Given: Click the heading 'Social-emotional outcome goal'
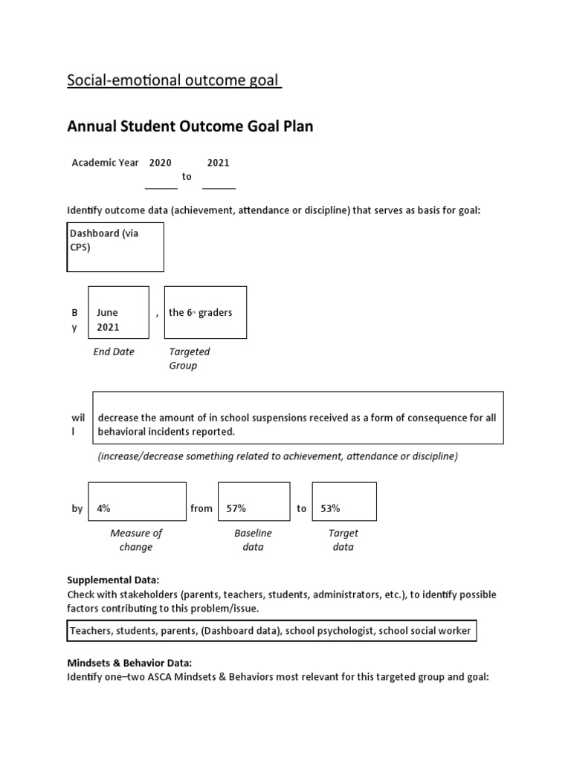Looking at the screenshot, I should click(174, 80).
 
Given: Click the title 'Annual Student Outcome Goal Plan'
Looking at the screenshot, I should click(190, 126).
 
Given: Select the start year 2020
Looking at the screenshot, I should click(161, 163).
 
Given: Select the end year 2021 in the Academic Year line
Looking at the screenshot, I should click(219, 163).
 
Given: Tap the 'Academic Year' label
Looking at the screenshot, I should click(105, 163).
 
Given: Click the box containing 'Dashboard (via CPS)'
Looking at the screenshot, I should click(115, 247).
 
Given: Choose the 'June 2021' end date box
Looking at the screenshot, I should click(118, 312).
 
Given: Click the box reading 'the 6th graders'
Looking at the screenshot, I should click(204, 312).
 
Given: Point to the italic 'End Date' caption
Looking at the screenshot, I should click(114, 352).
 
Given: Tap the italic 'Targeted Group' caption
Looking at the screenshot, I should click(189, 358).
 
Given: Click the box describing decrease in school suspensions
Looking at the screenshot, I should click(297, 418).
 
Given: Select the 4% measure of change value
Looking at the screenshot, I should click(137, 502).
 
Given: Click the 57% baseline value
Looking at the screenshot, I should click(254, 502).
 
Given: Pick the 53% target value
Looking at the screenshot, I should click(344, 502).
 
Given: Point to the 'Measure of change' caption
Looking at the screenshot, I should click(136, 540).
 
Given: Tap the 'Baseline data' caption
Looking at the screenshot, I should click(254, 540).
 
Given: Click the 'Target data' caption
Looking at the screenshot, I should click(343, 540).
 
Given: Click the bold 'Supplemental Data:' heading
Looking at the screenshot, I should click(114, 580).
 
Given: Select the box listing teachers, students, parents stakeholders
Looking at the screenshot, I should click(271, 631).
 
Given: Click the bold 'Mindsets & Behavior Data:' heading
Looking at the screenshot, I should click(129, 662).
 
